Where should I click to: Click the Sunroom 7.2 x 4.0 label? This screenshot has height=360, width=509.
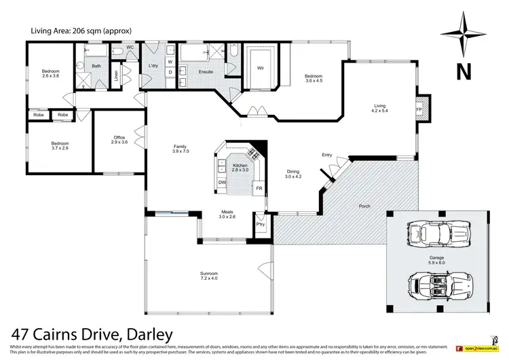[210, 275]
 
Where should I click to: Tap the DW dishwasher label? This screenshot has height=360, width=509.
[222, 182]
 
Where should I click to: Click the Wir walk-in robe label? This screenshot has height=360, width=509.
[260, 68]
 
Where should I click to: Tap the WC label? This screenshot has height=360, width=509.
[130, 47]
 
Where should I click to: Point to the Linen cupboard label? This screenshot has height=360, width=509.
[116, 74]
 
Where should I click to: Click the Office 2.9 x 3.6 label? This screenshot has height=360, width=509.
[119, 140]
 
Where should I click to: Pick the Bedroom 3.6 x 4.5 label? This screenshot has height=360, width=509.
[314, 78]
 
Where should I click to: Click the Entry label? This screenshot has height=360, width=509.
[327, 155]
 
